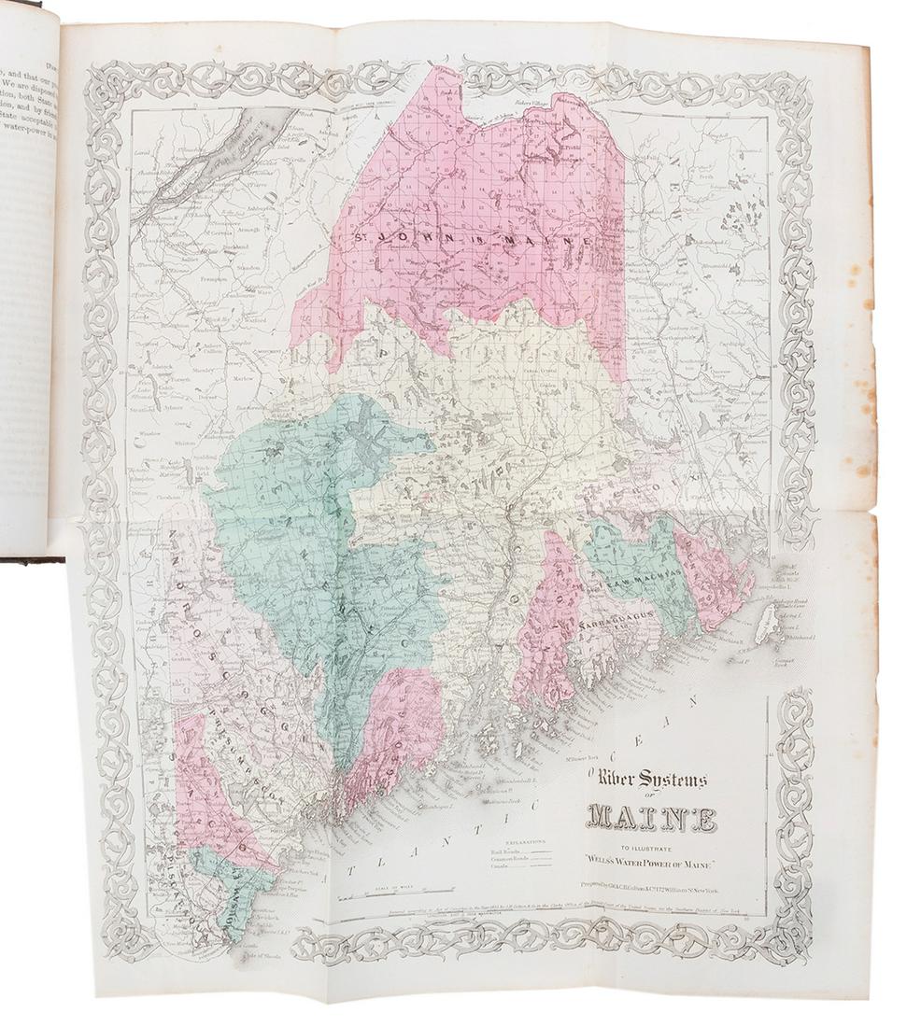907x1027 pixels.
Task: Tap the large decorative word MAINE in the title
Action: click(650, 821)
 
